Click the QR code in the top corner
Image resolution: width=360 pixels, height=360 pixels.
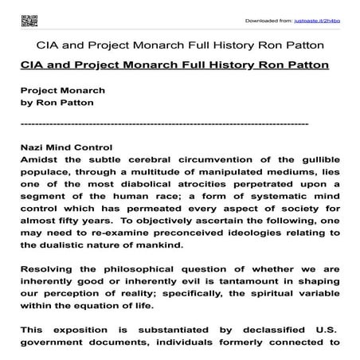(x=29, y=16)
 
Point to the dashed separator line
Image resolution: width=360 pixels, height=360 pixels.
(x=164, y=125)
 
